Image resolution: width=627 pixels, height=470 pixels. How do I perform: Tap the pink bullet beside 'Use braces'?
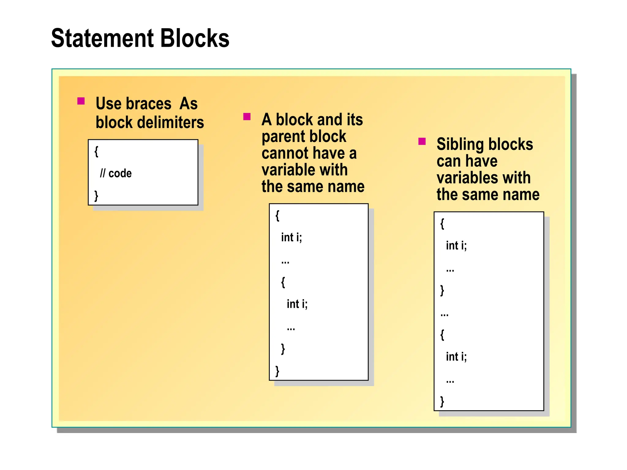[x=81, y=101]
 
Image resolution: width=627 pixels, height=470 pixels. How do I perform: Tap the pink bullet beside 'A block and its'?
[x=247, y=117]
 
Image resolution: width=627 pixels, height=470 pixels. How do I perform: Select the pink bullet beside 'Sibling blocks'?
[x=422, y=141]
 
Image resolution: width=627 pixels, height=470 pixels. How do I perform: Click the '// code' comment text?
[x=116, y=173]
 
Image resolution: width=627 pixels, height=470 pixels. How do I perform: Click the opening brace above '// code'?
[x=96, y=151]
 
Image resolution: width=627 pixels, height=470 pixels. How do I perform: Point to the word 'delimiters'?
[x=171, y=123]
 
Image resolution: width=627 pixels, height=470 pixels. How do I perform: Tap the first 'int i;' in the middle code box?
[x=291, y=237]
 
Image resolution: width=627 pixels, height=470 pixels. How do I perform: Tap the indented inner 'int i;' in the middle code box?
[x=297, y=304]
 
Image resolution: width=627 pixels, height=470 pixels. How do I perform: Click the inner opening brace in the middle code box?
[x=283, y=282]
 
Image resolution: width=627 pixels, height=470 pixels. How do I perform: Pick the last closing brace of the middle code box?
[x=277, y=371]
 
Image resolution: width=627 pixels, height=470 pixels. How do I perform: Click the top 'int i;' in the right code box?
[x=456, y=246]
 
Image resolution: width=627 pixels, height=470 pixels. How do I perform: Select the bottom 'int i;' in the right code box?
[x=456, y=357]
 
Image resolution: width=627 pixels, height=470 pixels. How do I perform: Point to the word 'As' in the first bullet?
[x=189, y=104]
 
